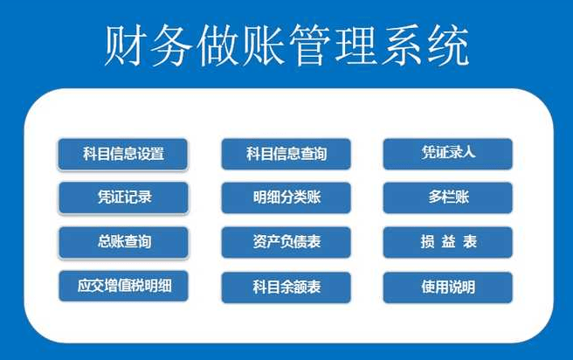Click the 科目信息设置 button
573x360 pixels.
[123, 154]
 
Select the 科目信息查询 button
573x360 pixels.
[286, 154]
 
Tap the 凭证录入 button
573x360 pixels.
[447, 154]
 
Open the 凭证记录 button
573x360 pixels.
[123, 197]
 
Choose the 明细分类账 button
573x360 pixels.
[286, 197]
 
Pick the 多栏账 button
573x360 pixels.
[447, 197]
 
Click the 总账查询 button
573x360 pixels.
[123, 242]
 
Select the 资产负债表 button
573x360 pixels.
[286, 242]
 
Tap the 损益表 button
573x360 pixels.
[447, 242]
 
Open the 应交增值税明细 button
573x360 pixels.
[123, 287]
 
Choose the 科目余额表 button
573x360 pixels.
[286, 287]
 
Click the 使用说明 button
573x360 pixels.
[447, 287]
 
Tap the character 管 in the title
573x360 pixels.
[310, 45]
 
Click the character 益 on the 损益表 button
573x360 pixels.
[448, 242]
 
